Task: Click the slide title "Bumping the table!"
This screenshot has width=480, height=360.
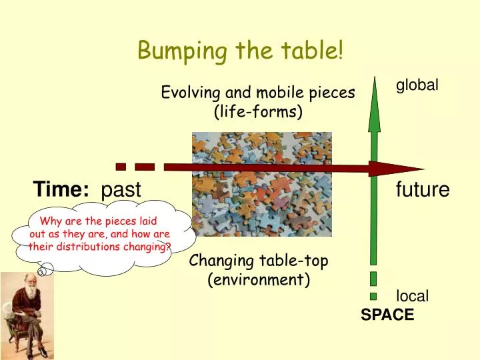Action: [240, 49]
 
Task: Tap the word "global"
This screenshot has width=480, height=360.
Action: [417, 85]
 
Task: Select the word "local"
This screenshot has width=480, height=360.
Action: [413, 296]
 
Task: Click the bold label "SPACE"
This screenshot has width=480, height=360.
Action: [387, 315]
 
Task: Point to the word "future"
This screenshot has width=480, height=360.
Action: [423, 190]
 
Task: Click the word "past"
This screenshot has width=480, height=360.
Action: [121, 190]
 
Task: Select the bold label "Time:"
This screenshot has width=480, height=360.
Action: [62, 189]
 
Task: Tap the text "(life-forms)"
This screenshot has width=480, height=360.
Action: [258, 112]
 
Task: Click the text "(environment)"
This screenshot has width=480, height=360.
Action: [259, 279]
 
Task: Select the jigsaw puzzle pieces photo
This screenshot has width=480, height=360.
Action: [262, 184]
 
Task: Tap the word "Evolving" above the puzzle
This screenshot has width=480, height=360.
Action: [187, 93]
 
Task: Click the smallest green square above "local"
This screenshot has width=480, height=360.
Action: [373, 295]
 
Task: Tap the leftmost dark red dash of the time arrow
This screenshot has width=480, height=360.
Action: [121, 165]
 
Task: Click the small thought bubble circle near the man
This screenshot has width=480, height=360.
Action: [45, 270]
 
